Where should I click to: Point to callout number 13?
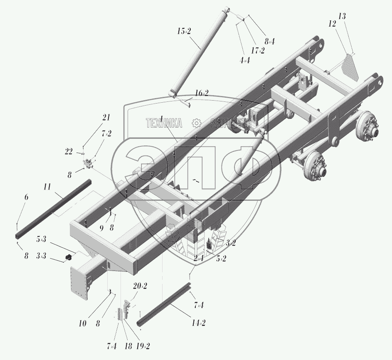[x=342, y=16]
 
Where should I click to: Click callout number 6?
[x=26, y=197]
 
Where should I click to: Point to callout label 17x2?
[x=258, y=51]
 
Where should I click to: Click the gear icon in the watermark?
[x=196, y=123]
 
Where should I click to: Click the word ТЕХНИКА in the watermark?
[x=164, y=123]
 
